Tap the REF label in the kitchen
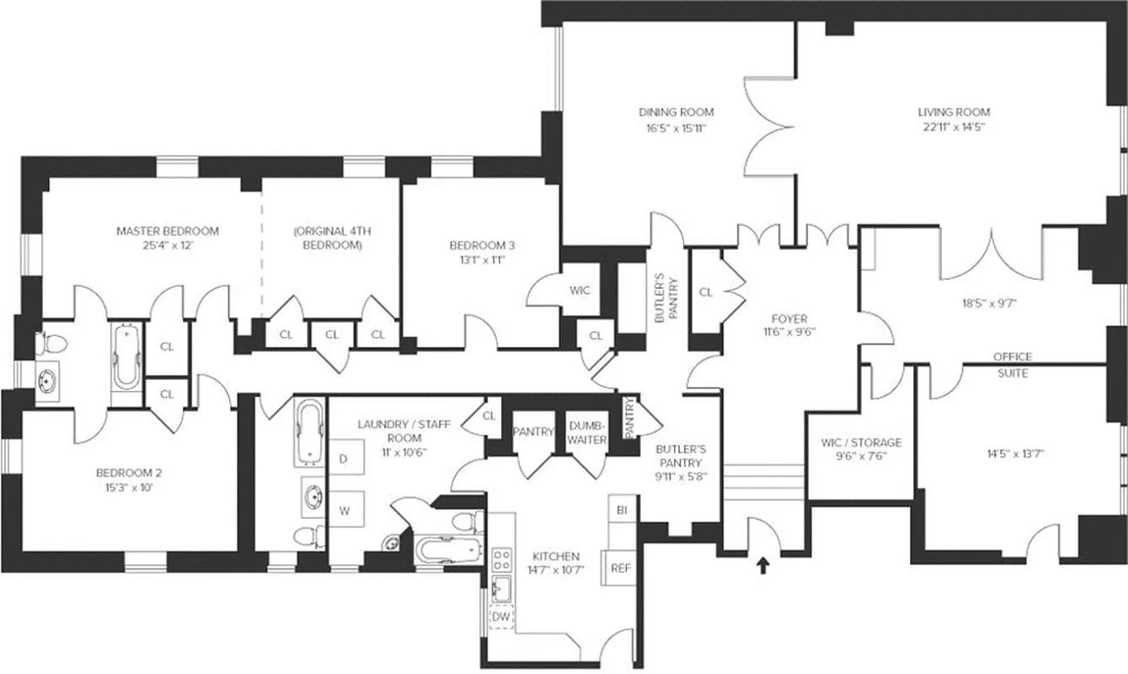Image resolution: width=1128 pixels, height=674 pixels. pos(620,568)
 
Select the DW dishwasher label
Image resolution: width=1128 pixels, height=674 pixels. pos(501,617)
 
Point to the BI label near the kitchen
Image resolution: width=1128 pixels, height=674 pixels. pos(622,511)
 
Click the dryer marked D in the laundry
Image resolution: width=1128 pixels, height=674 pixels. pos(343,459)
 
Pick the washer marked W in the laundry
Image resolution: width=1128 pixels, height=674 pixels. pos(344,510)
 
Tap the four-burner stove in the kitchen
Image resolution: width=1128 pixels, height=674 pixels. pos(502,559)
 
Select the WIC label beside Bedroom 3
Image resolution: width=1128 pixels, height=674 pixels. pos(580,291)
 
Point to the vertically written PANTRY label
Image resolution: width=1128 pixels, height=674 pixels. pos(629,417)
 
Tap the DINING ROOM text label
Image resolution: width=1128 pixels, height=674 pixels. pos(676,112)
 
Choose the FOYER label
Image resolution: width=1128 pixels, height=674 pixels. pos(789,318)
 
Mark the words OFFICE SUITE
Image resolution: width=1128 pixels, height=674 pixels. pos(1012,365)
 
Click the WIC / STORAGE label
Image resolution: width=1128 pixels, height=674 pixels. pos(860,442)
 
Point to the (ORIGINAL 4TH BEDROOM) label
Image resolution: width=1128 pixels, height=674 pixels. pos(332,238)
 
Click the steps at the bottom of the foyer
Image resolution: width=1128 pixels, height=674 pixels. pos(761,482)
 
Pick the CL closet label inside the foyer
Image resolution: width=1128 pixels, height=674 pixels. pos(706,292)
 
